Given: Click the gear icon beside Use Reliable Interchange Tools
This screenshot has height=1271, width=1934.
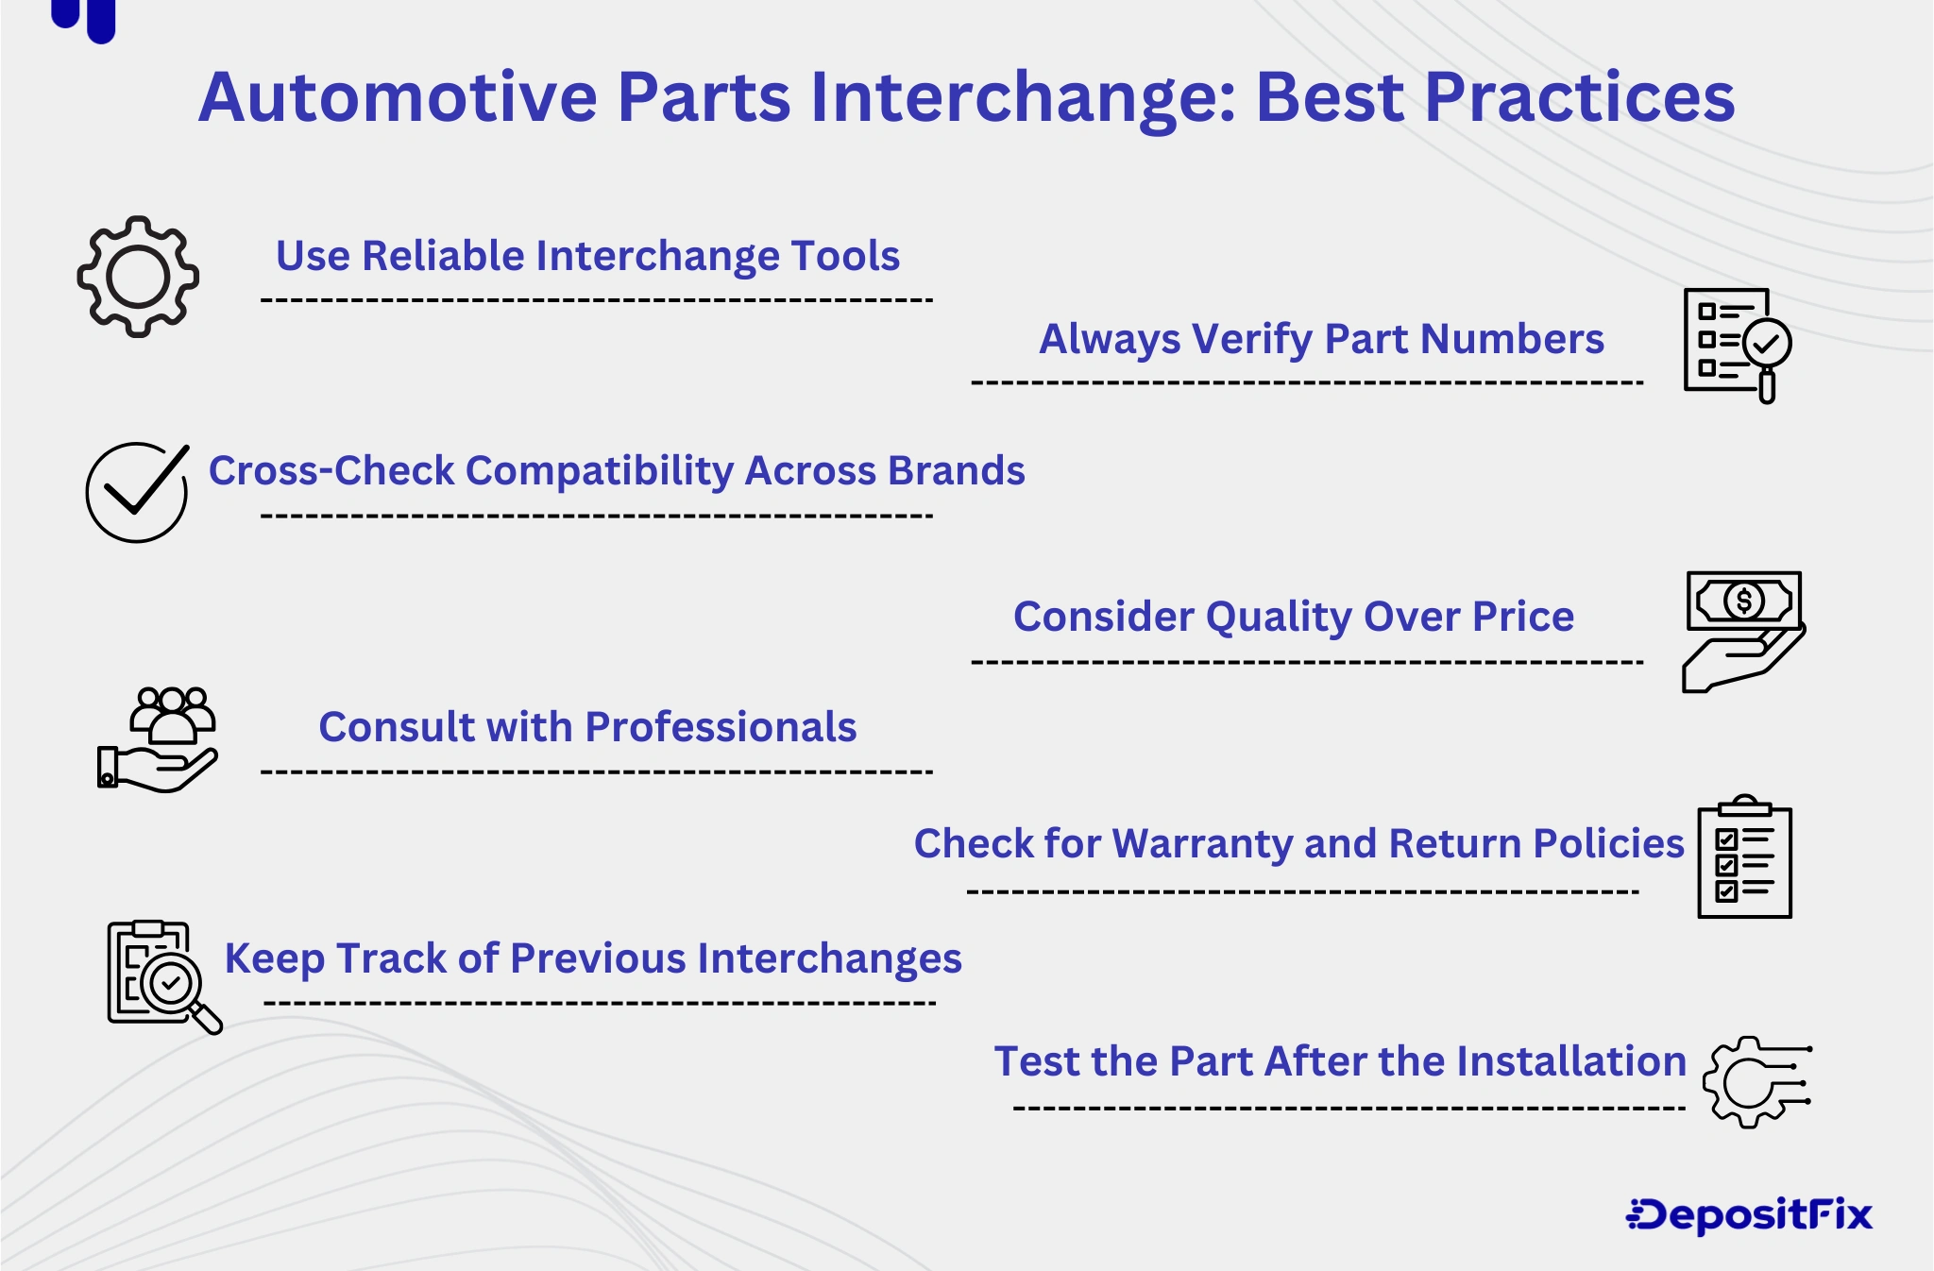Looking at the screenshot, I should click(138, 277).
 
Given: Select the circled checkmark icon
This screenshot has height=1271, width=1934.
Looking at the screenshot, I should click(137, 492).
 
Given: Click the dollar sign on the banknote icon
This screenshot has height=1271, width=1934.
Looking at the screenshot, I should click(1743, 601).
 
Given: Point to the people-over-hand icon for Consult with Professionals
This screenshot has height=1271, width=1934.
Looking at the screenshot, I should click(159, 739).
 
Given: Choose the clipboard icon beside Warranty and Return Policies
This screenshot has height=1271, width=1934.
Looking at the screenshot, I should click(1744, 857).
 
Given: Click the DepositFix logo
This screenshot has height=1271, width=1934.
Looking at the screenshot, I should click(1749, 1215).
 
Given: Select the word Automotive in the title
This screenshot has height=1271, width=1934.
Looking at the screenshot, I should click(398, 97).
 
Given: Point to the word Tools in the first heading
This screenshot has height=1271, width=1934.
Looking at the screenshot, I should click(845, 256).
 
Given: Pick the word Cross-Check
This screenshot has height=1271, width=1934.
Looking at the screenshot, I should click(331, 470).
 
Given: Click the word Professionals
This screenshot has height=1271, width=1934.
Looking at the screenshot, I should click(721, 727).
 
